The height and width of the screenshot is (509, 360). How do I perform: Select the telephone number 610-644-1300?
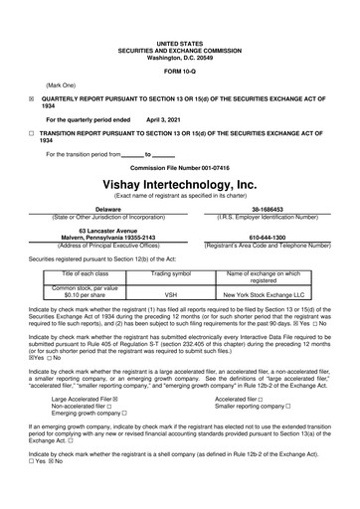click(x=265, y=238)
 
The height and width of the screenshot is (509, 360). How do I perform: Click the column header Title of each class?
click(x=86, y=272)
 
